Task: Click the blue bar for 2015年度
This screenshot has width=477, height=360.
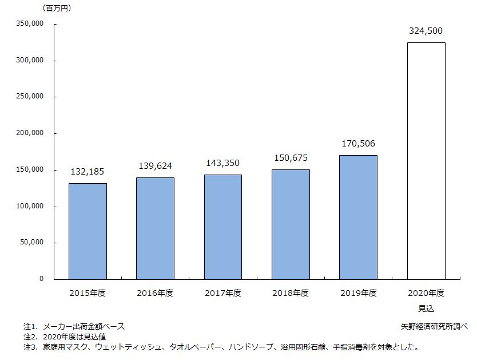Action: click(88, 231)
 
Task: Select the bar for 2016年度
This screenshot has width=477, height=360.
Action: click(155, 228)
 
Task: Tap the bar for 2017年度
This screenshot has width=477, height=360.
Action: click(222, 227)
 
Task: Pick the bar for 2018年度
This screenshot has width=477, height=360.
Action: click(291, 224)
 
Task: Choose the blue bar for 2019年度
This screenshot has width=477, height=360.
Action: click(358, 217)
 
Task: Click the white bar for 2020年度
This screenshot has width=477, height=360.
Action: click(426, 161)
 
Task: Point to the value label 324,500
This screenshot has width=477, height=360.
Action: click(426, 31)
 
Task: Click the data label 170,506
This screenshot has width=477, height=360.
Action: click(358, 144)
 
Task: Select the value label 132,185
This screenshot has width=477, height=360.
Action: click(88, 171)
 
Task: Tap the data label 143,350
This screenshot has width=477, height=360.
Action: click(222, 163)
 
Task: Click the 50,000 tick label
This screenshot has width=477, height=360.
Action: click(33, 243)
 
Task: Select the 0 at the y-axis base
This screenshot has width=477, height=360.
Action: click(41, 279)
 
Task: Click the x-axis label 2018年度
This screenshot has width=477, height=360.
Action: click(291, 293)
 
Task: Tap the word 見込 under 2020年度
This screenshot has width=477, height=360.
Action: click(426, 308)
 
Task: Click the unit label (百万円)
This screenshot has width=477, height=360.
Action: click(57, 8)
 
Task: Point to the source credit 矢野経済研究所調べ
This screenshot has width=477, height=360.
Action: click(434, 326)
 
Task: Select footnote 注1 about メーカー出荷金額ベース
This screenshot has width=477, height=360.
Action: click(74, 326)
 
